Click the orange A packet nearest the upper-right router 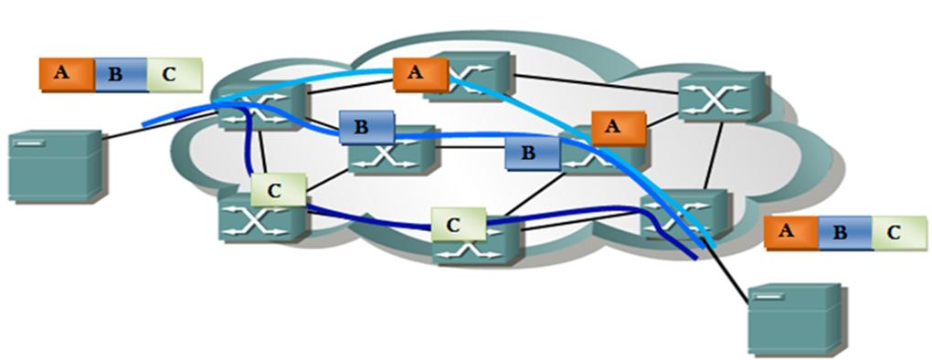pos(618,127)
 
